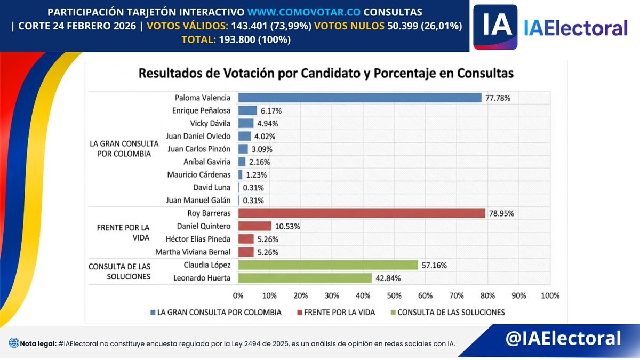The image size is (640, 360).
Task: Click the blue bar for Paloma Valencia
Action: [x=360, y=98]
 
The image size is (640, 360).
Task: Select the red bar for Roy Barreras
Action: [x=362, y=213]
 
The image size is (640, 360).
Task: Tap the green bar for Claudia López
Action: [x=327, y=265]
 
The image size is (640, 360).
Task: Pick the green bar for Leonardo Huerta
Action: [x=305, y=278]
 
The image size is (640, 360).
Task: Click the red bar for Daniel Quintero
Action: [x=254, y=226]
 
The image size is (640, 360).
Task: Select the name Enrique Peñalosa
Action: [x=202, y=111]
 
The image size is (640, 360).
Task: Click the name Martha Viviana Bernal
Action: [x=193, y=252]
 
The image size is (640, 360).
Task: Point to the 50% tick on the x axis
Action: [x=394, y=295]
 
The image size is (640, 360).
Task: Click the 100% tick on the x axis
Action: [x=550, y=295]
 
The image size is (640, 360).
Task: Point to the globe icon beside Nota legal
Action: [x=13, y=343]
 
